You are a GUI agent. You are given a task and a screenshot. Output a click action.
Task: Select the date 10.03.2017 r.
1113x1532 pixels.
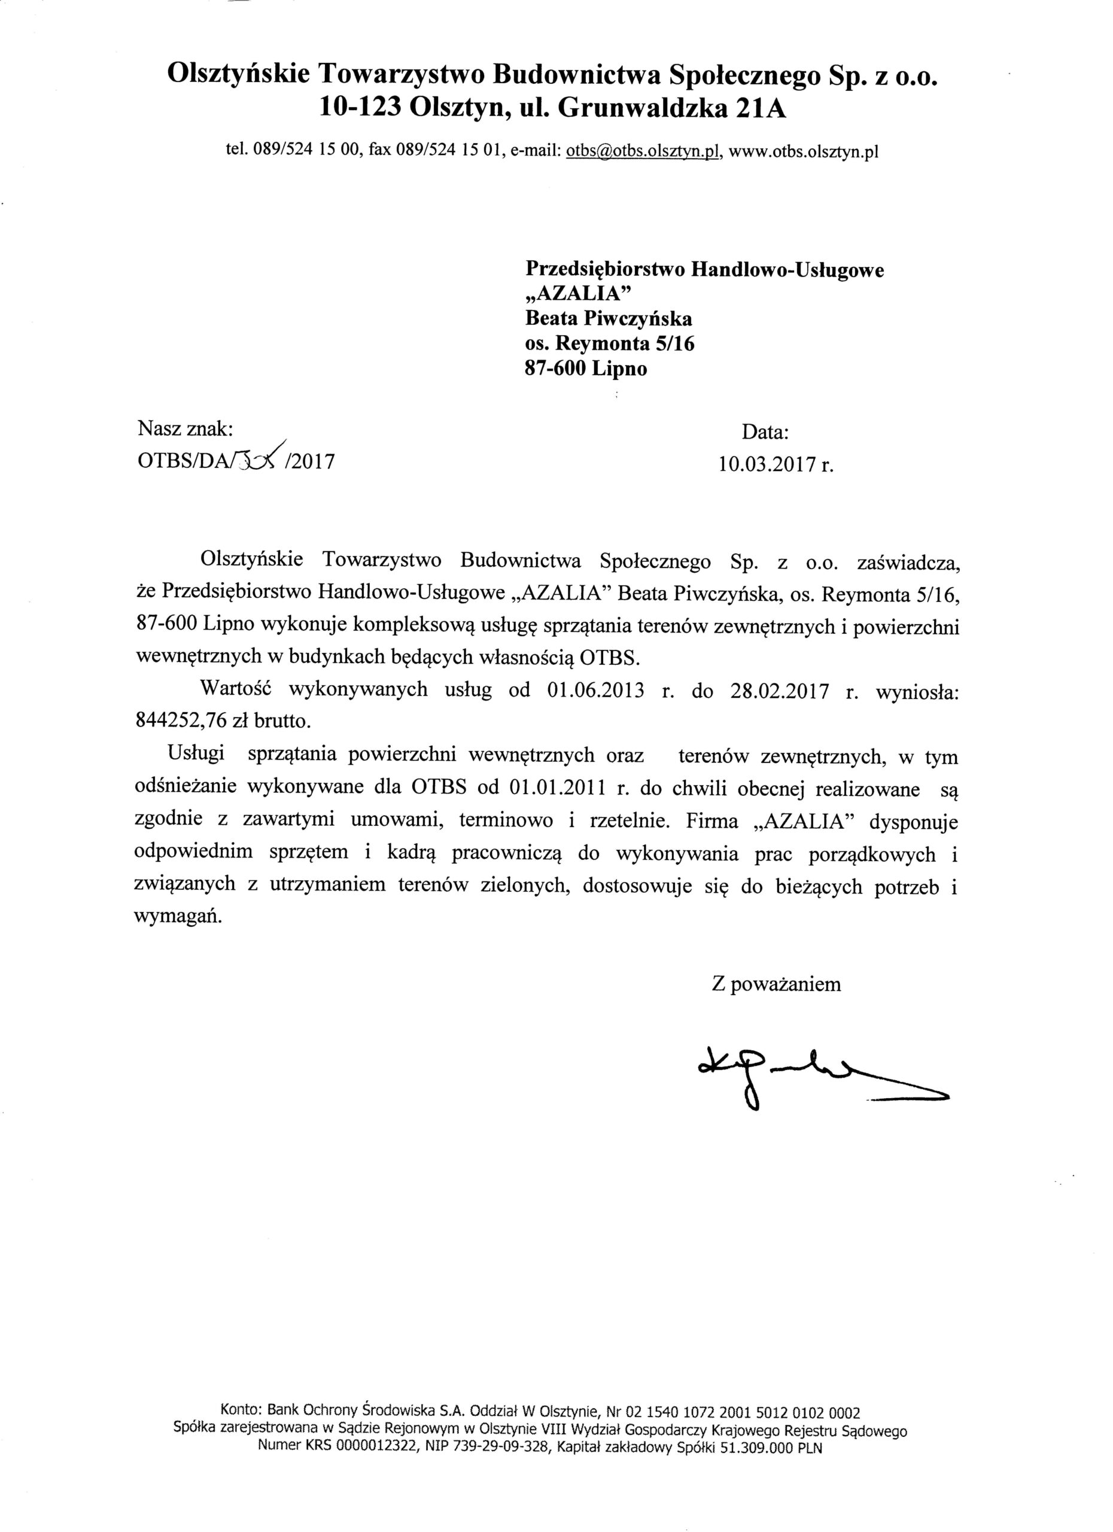pyautogui.click(x=777, y=466)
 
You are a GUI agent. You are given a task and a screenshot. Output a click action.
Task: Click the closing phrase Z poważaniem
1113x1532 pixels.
pyautogui.click(x=777, y=983)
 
